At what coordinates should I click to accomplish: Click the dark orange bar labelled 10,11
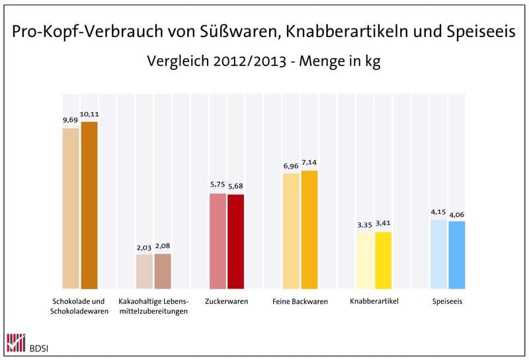point(89,205)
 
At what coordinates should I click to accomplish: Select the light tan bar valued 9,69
point(71,208)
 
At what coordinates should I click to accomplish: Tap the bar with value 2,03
point(144,271)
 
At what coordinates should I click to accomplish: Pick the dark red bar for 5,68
point(235,242)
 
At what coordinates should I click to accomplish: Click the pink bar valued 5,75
point(218,241)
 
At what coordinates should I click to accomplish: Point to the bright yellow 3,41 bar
point(383,260)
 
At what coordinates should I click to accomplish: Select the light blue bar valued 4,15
point(438,254)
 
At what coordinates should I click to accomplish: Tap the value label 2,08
point(162,247)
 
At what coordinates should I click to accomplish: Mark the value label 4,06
point(457,214)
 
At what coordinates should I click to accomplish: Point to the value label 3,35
point(364,225)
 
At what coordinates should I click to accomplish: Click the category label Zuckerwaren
point(227,302)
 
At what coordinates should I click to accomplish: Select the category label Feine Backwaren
point(300,302)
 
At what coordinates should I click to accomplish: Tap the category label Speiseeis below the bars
point(448,302)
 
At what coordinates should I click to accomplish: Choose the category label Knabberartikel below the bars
point(374,302)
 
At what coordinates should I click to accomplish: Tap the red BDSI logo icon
point(14,342)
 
